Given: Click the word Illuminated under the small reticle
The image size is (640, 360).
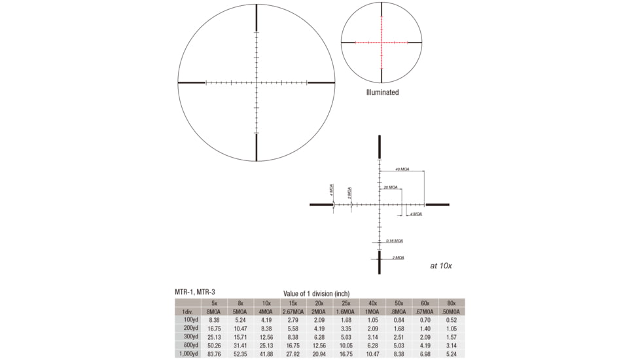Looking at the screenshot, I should tap(382, 92).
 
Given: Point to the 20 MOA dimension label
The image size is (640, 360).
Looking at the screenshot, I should tap(391, 187).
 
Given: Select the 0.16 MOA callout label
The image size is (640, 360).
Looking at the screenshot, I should tap(395, 240).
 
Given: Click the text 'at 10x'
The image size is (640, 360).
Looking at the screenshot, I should tap(441, 266).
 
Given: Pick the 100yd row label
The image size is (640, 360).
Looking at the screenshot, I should tap(187, 320).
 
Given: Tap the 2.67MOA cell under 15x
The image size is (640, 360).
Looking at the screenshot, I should tap(293, 312).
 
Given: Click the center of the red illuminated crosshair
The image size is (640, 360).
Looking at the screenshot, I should tap(382, 43).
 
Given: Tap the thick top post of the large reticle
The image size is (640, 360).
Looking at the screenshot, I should tap(256, 20).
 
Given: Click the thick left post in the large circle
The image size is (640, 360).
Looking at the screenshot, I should tap(191, 83).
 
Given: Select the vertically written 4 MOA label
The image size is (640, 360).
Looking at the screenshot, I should tap(332, 190).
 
